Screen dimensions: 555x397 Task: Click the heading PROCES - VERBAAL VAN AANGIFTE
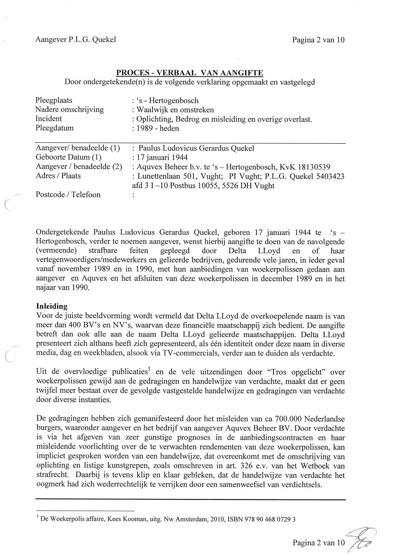[190, 72]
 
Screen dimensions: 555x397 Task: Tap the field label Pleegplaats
[54, 101]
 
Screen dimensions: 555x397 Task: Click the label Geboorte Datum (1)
[69, 157]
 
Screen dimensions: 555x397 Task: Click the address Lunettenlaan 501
[164, 176]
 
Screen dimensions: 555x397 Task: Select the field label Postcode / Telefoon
[68, 194]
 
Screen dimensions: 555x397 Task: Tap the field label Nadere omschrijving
[69, 110]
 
